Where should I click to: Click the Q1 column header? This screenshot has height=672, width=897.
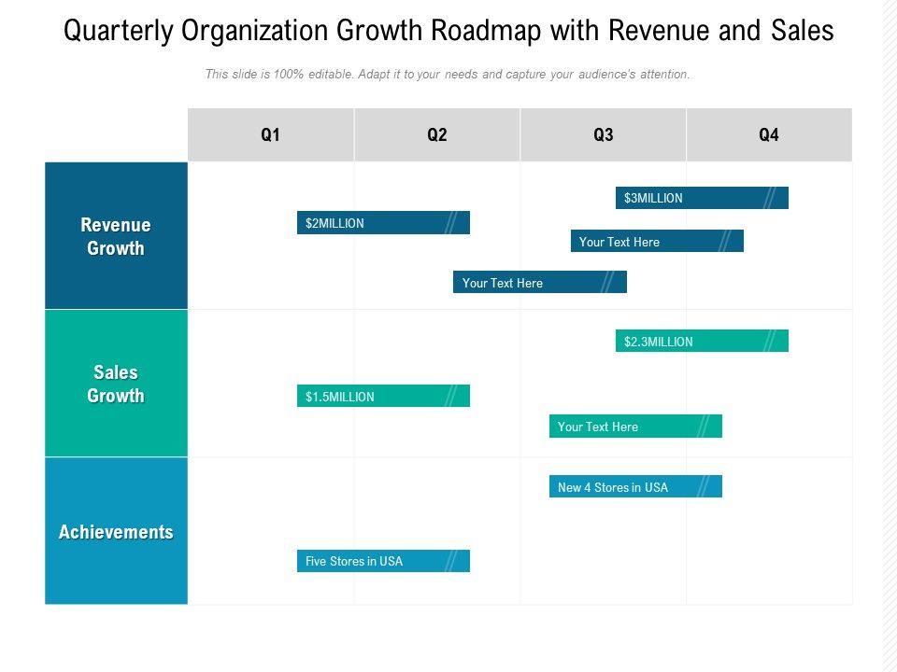(271, 135)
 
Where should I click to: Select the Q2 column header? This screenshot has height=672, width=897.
(437, 135)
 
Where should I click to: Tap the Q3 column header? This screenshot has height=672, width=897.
(604, 135)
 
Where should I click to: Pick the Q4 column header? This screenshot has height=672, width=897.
(769, 135)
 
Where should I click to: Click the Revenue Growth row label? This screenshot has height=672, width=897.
(116, 236)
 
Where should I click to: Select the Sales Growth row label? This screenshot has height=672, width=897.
(116, 384)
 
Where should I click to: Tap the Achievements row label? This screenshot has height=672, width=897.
(116, 532)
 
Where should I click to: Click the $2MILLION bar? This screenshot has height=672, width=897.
(383, 223)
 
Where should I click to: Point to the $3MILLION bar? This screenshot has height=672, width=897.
(702, 198)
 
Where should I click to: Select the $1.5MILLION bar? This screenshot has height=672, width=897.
(383, 397)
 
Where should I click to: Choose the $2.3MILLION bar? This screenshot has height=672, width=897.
(702, 342)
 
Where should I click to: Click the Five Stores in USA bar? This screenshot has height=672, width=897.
(383, 561)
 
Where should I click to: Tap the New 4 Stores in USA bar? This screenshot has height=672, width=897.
(635, 487)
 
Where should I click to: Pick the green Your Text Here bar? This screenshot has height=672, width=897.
(635, 427)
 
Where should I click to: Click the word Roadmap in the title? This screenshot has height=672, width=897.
(487, 31)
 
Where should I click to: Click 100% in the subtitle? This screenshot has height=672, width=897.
(289, 75)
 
